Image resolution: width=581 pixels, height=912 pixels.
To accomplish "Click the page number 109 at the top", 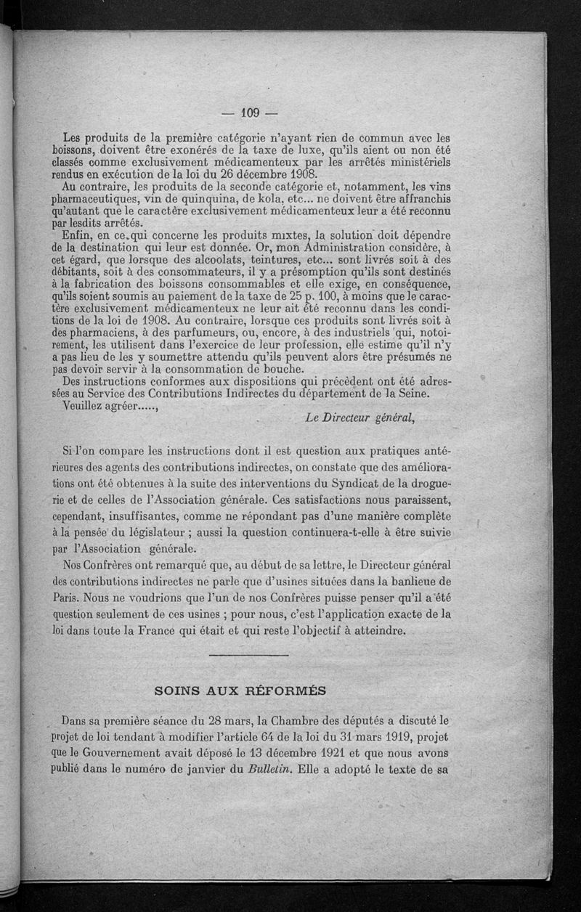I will tap(248, 113).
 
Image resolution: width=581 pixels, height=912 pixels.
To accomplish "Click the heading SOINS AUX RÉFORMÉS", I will tap(240, 691).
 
